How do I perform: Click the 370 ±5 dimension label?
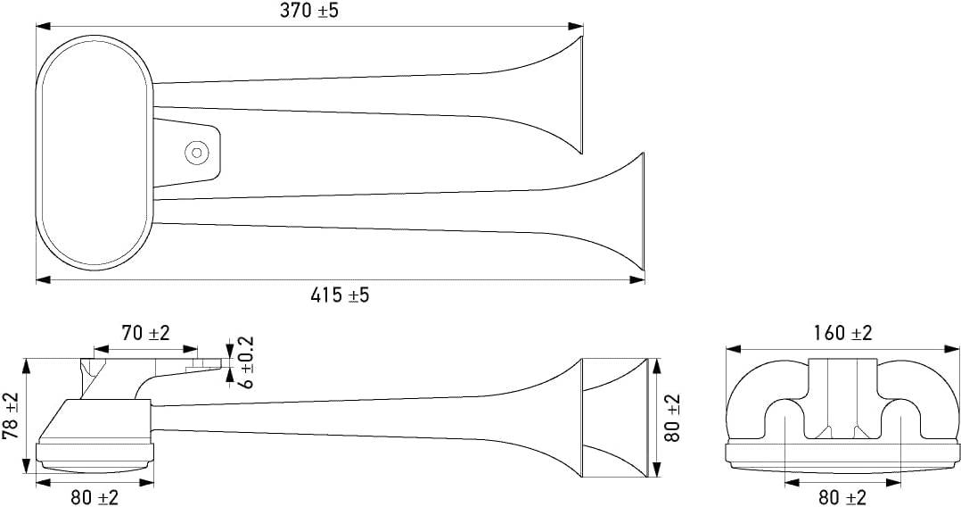click(310, 12)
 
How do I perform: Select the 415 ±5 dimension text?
click(340, 295)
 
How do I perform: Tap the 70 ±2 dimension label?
click(145, 334)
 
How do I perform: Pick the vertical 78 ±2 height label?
click(12, 416)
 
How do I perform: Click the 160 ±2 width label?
click(842, 333)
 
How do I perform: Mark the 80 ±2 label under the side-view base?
click(94, 497)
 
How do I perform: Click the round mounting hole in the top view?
click(196, 153)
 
